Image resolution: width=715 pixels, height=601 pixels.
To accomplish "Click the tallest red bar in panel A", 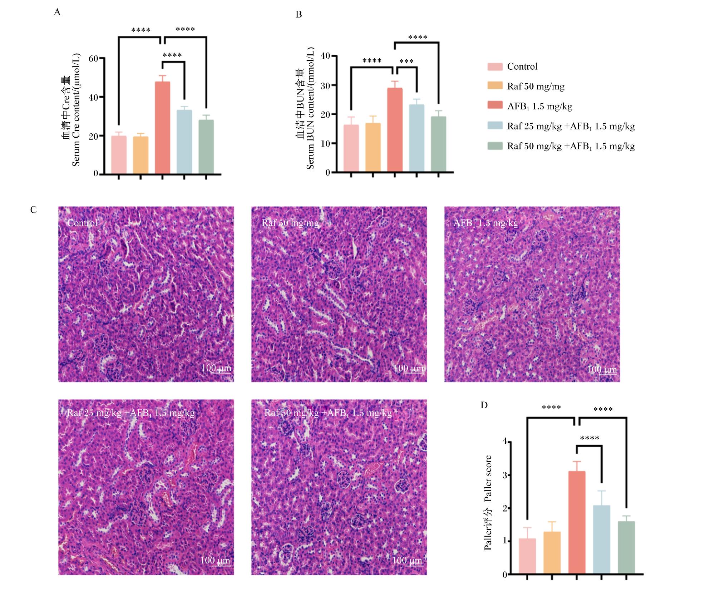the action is point(162,128).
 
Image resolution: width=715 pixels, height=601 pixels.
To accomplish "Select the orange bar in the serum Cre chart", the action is point(140,155).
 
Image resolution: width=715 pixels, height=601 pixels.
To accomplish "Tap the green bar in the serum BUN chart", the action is point(438,144).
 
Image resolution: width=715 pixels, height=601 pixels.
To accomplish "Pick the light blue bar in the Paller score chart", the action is point(602,540).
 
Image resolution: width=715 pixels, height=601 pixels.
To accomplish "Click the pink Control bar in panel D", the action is point(527,556).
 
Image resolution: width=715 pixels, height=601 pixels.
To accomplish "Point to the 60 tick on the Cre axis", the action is point(94,58).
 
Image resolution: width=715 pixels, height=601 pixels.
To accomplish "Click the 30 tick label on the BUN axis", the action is point(326,85).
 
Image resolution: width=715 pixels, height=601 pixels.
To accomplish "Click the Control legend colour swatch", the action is point(495,66).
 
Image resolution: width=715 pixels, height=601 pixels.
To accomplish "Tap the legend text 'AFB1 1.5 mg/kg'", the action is point(539,107).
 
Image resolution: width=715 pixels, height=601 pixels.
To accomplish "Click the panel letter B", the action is point(299,15).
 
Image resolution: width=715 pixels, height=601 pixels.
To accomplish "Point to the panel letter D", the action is point(484,405).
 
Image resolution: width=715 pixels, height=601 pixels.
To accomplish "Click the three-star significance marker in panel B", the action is point(406,61).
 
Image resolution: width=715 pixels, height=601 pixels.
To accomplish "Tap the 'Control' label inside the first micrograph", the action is point(82,223).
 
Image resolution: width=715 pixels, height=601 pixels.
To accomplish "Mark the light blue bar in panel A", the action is point(184,142).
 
